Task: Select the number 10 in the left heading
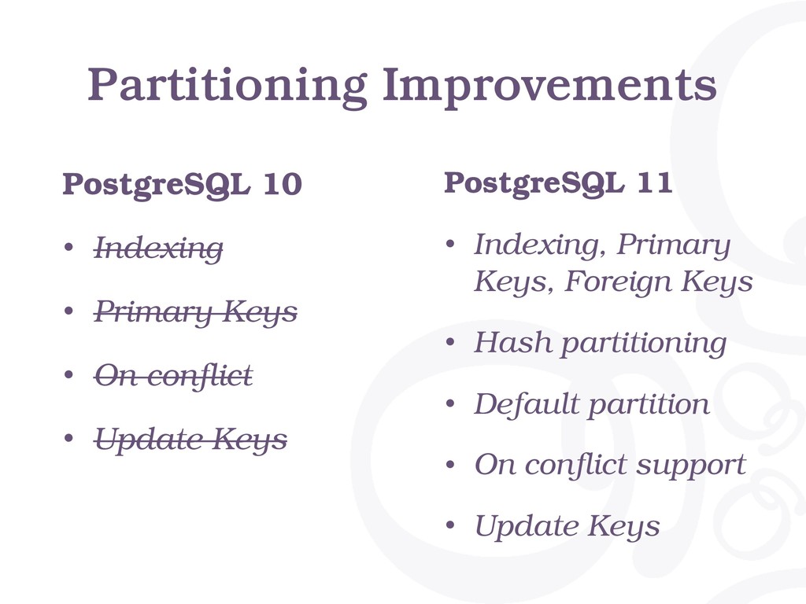[x=283, y=184]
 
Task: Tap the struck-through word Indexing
[x=158, y=249]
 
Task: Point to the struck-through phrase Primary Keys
[x=195, y=311]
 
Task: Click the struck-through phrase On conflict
[x=173, y=375]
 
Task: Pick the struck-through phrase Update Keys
[x=190, y=440]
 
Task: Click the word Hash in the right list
[x=513, y=342]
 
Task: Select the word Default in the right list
[x=527, y=403]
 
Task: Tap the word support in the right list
[x=691, y=466]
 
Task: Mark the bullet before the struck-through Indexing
[x=69, y=247]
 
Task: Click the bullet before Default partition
[x=450, y=403]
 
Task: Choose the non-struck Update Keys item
[x=567, y=526]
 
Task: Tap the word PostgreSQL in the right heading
[x=534, y=182]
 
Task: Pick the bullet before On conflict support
[x=450, y=464]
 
